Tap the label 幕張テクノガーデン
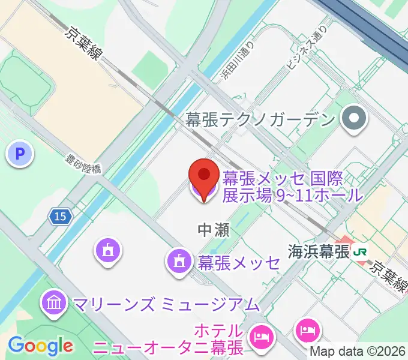(x=259, y=119)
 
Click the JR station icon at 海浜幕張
(x=361, y=251)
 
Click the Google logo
(x=40, y=345)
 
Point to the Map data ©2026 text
(x=359, y=352)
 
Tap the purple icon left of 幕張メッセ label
(x=179, y=260)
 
